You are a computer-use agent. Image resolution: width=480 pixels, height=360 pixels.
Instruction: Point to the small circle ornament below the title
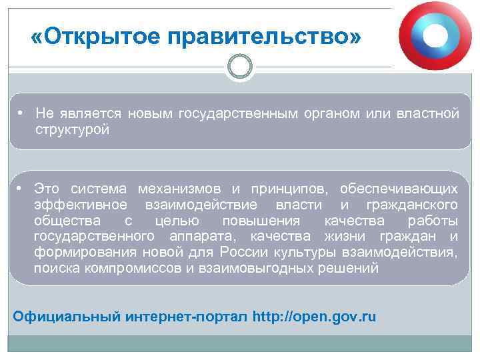pos(240,66)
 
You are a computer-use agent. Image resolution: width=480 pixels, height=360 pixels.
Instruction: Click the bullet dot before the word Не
pos(22,113)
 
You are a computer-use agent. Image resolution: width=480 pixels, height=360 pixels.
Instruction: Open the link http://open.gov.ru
pos(315,316)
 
